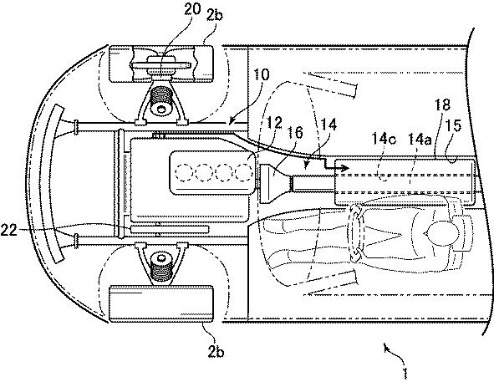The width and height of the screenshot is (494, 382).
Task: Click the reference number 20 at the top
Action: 192,10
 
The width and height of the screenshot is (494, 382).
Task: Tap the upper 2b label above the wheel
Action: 214,14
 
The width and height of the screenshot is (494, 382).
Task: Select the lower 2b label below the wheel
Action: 216,351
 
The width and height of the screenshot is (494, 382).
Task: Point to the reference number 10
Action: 262,75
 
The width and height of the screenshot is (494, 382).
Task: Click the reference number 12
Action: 274,123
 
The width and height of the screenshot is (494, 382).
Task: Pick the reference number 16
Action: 295,132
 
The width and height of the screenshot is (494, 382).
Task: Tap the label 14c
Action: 384,139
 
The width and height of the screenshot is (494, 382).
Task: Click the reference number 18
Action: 443,105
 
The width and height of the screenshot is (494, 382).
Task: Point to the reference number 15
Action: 454,125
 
